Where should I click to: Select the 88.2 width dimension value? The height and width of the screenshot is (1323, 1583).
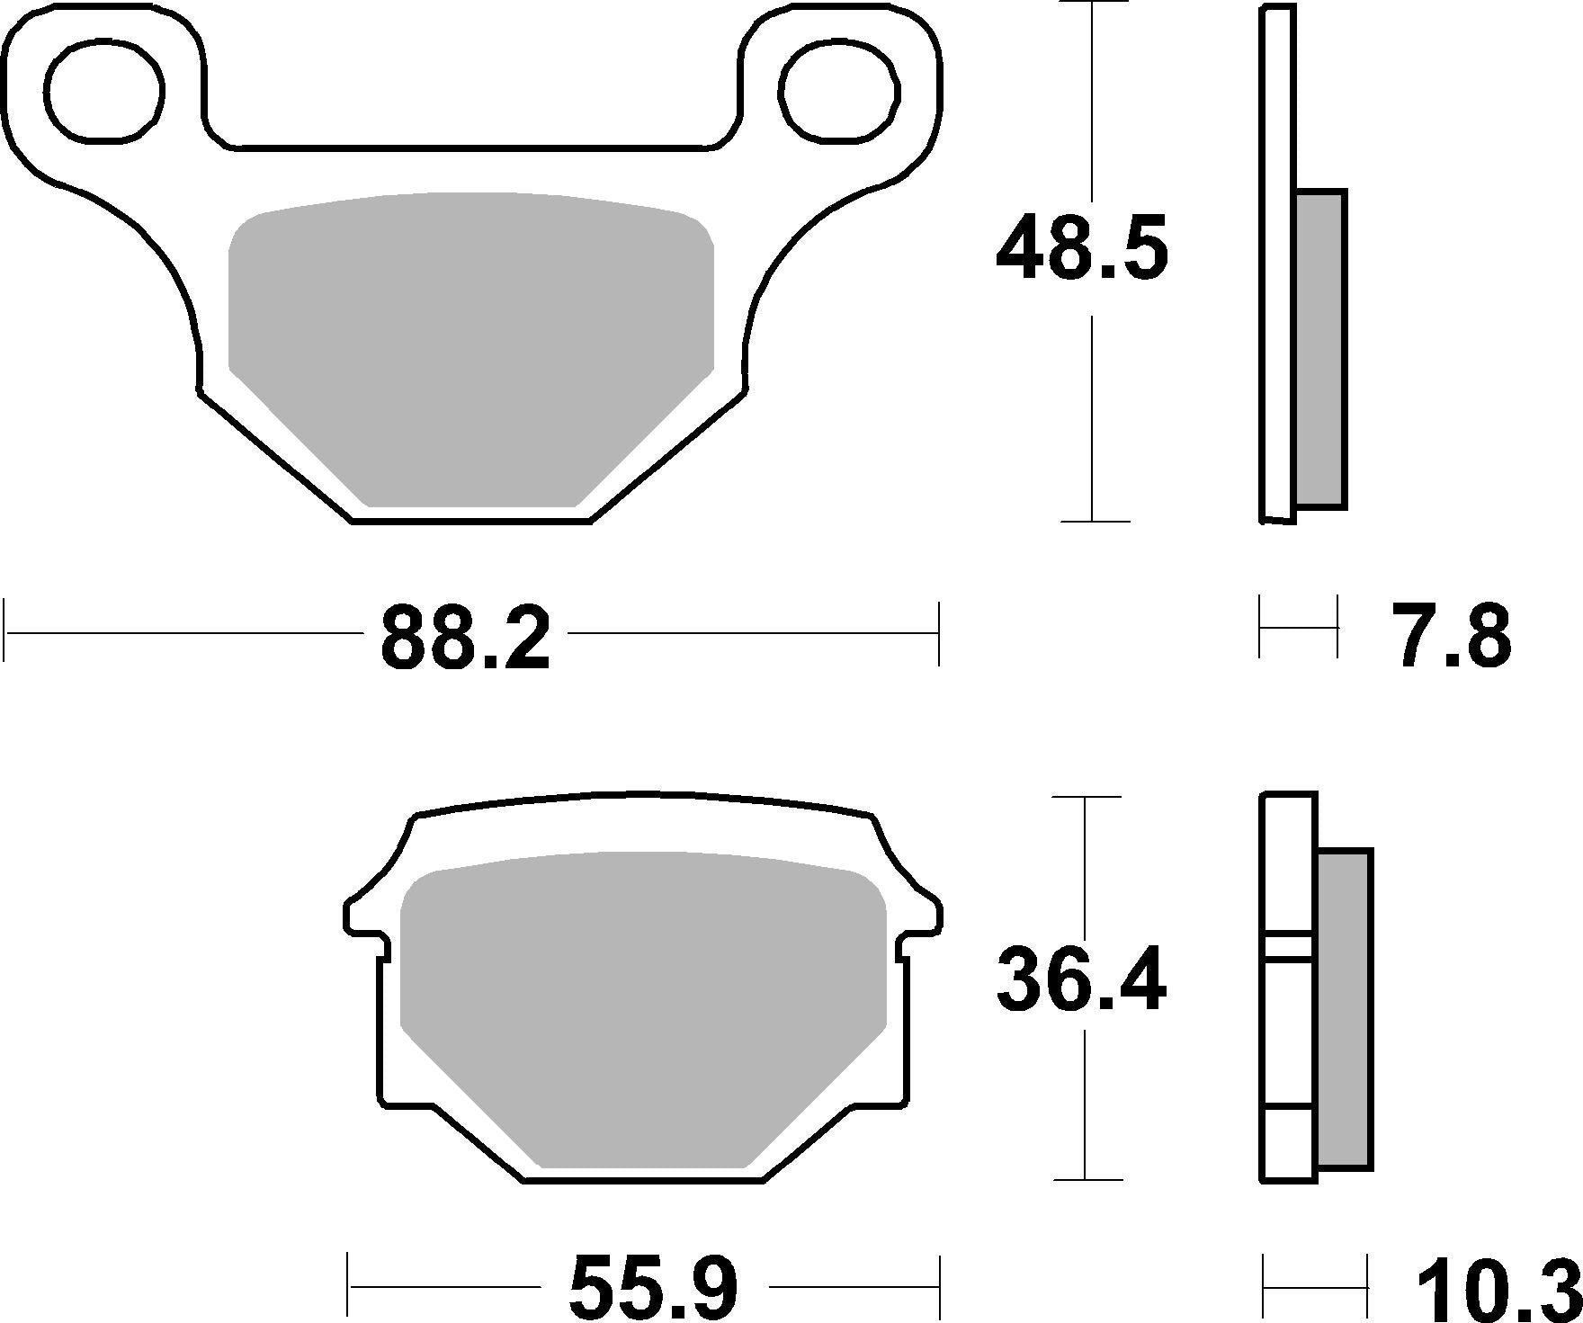465,639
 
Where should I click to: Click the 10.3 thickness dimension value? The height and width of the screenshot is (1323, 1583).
1498,1291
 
